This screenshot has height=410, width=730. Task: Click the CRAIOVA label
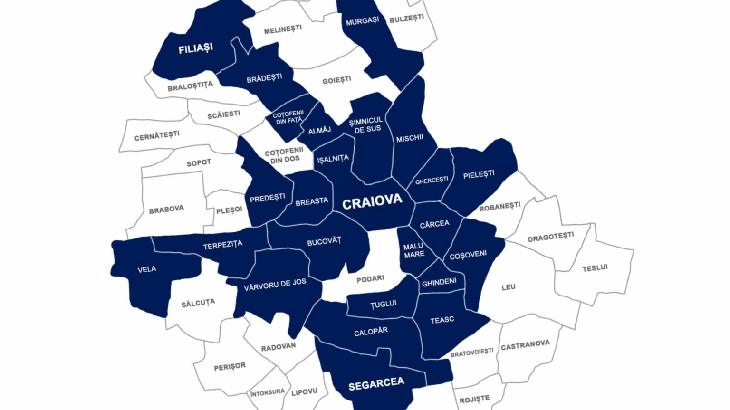372,202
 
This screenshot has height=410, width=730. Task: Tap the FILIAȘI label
195,48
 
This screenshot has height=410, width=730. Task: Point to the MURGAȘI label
362,21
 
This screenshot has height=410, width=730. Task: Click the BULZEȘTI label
406,19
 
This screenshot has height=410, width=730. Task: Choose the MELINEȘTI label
283,29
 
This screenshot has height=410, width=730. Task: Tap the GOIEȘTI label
336,80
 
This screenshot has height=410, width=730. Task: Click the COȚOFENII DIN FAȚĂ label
288,117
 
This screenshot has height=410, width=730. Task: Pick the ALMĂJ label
319,130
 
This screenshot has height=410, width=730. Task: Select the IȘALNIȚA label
333,159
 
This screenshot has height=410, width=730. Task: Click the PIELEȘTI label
479,174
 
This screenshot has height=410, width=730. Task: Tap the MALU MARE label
413,250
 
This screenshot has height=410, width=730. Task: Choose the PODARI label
370,279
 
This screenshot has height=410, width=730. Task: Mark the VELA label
147,269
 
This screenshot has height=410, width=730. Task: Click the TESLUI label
595,268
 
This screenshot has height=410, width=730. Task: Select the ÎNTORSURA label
268,392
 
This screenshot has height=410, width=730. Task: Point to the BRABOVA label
166,209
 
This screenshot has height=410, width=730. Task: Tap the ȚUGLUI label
383,304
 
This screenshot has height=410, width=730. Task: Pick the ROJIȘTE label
474,399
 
